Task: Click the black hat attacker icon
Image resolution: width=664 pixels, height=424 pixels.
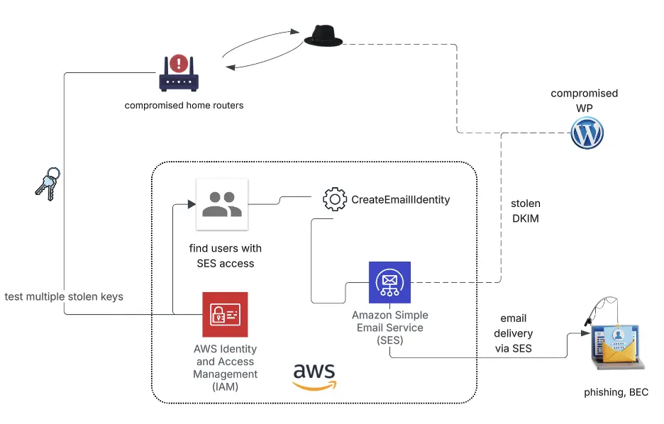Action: (x=323, y=37)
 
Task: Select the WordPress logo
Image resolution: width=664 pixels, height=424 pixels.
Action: (x=587, y=133)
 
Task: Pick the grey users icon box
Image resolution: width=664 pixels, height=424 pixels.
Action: (x=222, y=204)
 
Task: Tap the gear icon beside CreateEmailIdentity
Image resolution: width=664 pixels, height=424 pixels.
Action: (x=334, y=199)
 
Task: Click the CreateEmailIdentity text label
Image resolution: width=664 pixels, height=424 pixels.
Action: (x=400, y=200)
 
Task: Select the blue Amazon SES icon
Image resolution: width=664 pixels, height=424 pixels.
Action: (x=389, y=282)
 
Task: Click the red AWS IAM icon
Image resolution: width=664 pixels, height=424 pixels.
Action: (x=224, y=314)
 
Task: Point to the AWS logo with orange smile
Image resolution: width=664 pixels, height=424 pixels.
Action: (x=314, y=376)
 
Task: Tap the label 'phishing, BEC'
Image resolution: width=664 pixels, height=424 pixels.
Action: (x=616, y=392)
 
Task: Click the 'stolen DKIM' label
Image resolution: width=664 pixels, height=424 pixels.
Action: (x=525, y=211)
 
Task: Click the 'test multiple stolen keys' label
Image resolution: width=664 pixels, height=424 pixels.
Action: (x=64, y=296)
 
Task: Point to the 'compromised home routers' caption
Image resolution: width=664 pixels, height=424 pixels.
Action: (x=184, y=106)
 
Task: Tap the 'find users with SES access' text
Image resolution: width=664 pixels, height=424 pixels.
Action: (x=225, y=256)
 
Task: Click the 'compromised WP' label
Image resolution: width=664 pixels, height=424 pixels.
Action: (x=584, y=100)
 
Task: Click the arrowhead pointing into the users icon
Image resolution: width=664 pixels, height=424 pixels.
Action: (x=191, y=204)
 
